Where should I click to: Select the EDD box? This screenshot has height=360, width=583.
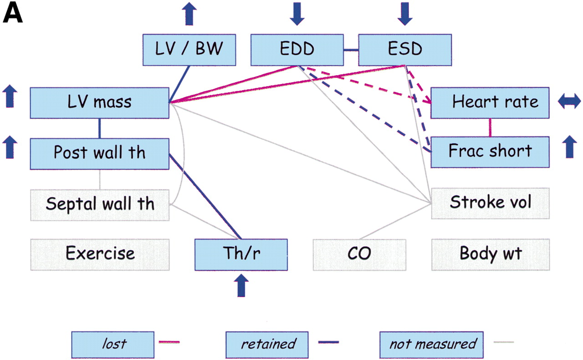coord(297,50)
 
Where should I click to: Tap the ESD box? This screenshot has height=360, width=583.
coord(405,50)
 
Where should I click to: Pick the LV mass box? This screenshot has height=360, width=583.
coord(100,102)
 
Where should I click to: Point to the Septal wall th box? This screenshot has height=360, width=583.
coord(100,204)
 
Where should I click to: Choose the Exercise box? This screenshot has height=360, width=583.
coord(100,254)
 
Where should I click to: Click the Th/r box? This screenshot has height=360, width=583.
coord(241,254)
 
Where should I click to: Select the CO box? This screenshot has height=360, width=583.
coord(359,254)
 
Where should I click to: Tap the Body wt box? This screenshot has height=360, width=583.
coord(490,254)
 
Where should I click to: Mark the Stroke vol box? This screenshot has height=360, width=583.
coord(490,203)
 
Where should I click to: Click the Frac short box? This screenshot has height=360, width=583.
coord(490,151)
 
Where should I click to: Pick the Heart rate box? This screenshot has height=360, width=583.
coord(490,102)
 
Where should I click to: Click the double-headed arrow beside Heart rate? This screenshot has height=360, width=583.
coord(570,101)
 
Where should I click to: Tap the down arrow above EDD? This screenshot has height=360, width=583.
coord(296,14)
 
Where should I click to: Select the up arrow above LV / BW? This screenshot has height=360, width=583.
coord(189,14)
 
